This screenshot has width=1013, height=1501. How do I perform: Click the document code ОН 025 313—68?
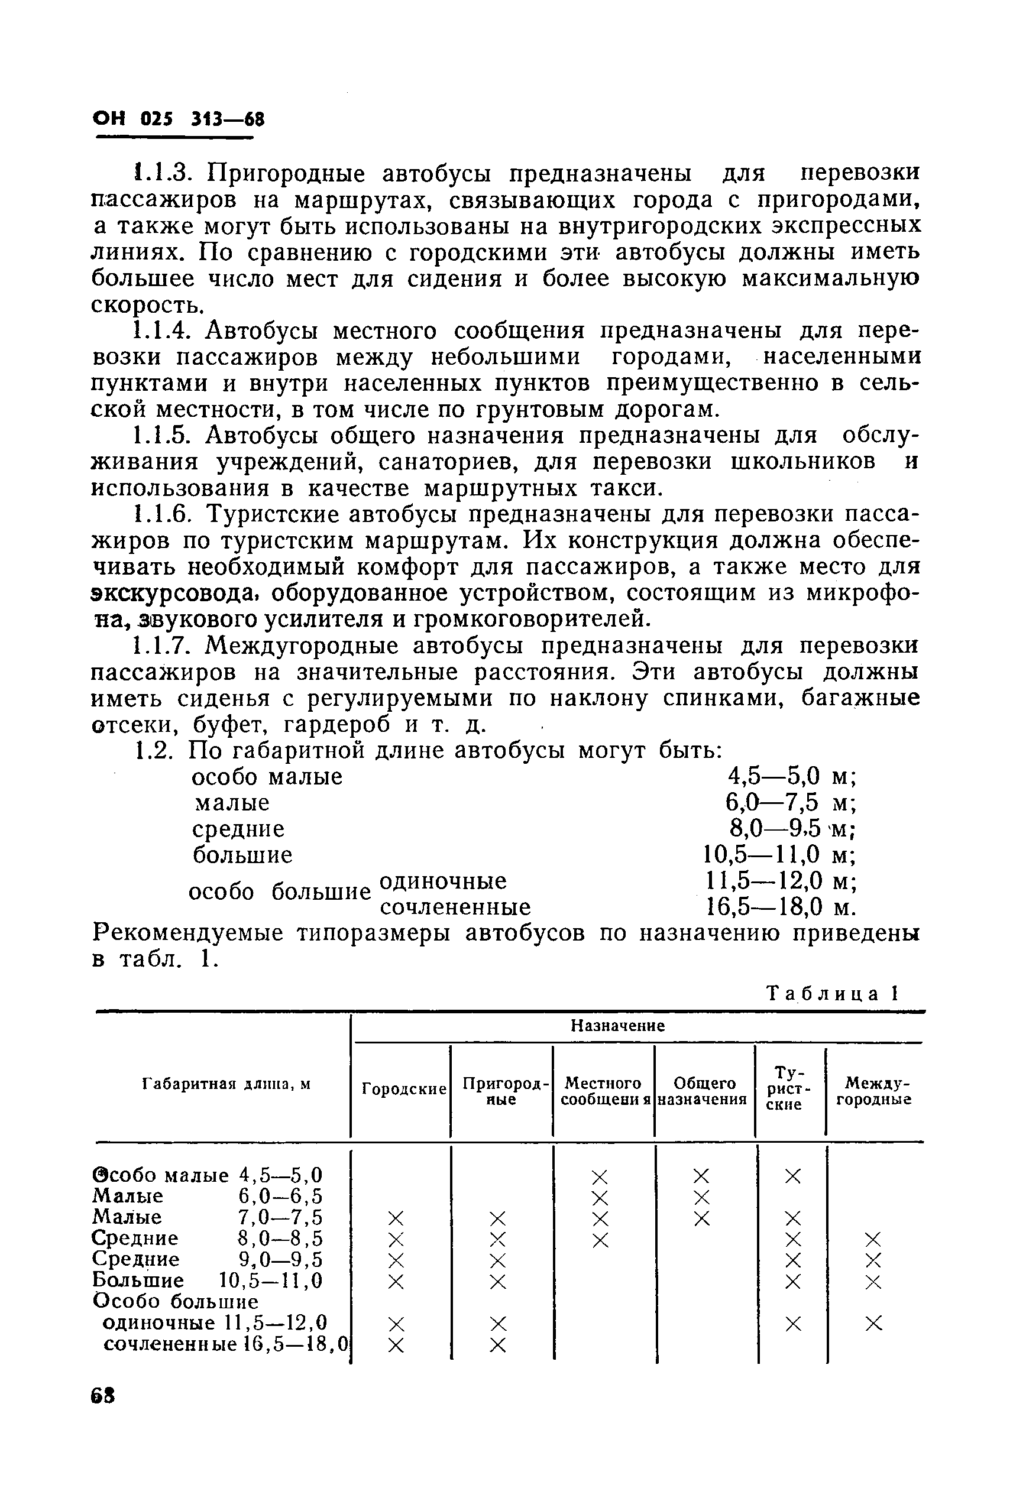pos(179,120)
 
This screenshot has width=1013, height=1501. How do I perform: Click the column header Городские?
pos(404,1089)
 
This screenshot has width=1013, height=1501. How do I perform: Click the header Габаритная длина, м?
pos(226,1084)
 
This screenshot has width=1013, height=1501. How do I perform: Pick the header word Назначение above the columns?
pos(617,1026)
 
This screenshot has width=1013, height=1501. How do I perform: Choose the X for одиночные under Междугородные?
pos(873,1324)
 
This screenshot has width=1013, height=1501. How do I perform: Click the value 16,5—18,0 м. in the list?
pos(780,907)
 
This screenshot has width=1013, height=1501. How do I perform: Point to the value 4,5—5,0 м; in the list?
pos(791,776)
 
